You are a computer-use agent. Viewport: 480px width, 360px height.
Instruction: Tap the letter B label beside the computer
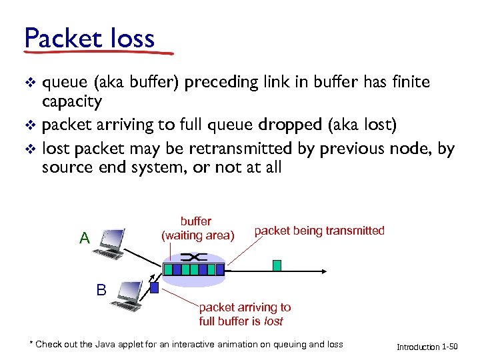pyautogui.click(x=101, y=290)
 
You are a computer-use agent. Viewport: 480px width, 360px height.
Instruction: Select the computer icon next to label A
pyautogui.click(x=110, y=243)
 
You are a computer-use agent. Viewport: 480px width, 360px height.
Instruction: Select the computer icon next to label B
pyautogui.click(x=128, y=296)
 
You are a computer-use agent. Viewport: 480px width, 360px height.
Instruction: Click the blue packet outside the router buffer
pyautogui.click(x=154, y=288)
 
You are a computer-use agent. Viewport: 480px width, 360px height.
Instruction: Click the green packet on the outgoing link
pyautogui.click(x=277, y=265)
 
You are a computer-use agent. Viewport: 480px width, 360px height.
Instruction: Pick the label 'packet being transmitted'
pyautogui.click(x=319, y=231)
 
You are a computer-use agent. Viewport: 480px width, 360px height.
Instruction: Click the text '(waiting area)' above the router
pyautogui.click(x=198, y=235)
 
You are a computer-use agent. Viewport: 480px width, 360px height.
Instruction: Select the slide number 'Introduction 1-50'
pyautogui.click(x=427, y=347)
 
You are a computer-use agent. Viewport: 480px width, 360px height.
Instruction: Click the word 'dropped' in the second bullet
pyautogui.click(x=283, y=125)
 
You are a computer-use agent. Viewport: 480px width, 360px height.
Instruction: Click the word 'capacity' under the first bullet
pyautogui.click(x=72, y=101)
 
